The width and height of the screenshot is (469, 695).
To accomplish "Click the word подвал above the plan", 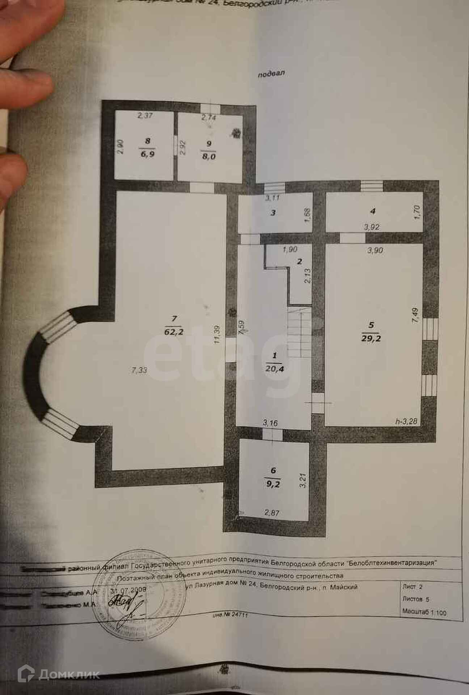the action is coord(271,74).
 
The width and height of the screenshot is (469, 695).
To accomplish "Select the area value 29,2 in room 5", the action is coord(371,338).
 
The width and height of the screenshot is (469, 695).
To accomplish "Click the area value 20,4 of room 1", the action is coord(274,368).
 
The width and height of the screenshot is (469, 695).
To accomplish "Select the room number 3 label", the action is coord(273,213).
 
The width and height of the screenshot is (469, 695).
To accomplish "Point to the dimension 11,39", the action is coord(217,340).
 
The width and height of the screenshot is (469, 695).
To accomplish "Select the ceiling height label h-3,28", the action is coord(406,421).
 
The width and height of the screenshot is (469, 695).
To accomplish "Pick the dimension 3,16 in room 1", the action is coord(270,423).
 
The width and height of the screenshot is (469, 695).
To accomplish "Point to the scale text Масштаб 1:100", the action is coord(424,612).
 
